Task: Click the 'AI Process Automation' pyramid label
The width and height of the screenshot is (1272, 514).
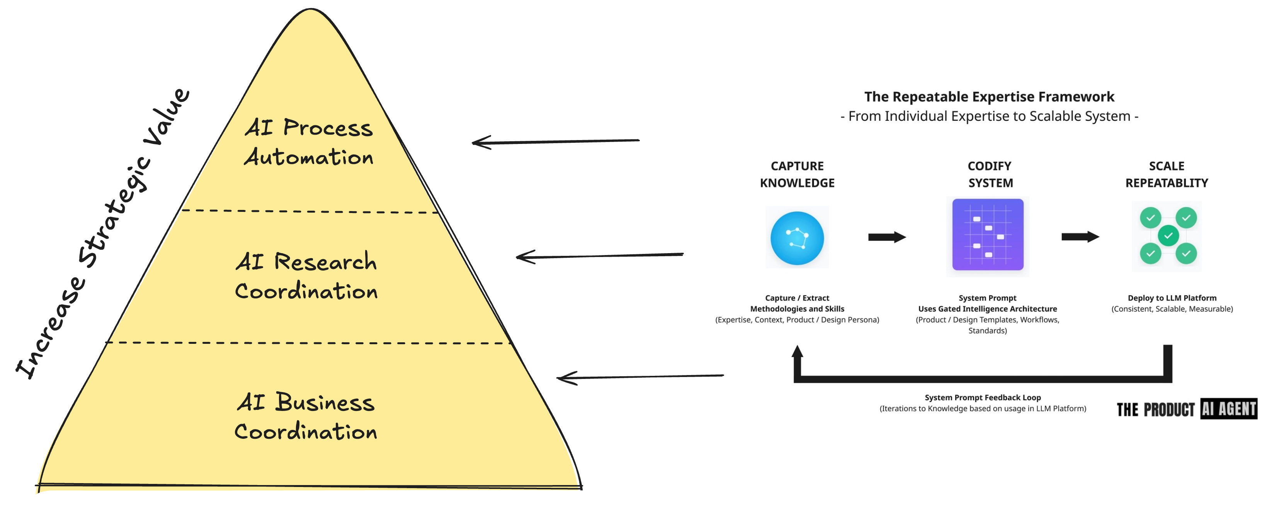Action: pos(309,142)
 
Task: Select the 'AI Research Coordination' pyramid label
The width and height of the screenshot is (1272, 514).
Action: pos(306,276)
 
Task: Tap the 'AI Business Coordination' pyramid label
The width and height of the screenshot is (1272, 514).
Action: pos(306,416)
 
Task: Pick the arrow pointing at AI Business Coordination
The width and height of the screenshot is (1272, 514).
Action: pos(639,377)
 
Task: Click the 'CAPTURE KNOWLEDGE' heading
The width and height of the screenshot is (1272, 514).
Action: pos(797,175)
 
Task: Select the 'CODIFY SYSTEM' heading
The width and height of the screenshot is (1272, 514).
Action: pos(990,175)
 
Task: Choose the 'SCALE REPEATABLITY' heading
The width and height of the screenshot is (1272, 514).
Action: pos(1167,175)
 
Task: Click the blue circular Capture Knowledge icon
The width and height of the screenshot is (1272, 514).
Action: pos(797,238)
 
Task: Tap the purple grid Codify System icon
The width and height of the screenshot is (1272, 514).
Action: pos(988,235)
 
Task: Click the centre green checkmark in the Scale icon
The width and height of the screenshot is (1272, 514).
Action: pos(1168,235)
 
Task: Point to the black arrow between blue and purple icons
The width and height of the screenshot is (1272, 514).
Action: pos(887,237)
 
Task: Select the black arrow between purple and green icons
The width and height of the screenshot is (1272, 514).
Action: pos(1080,237)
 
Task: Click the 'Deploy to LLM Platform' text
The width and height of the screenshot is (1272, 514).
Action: pos(1172,298)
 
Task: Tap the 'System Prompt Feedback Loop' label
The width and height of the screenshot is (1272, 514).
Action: pos(983,397)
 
